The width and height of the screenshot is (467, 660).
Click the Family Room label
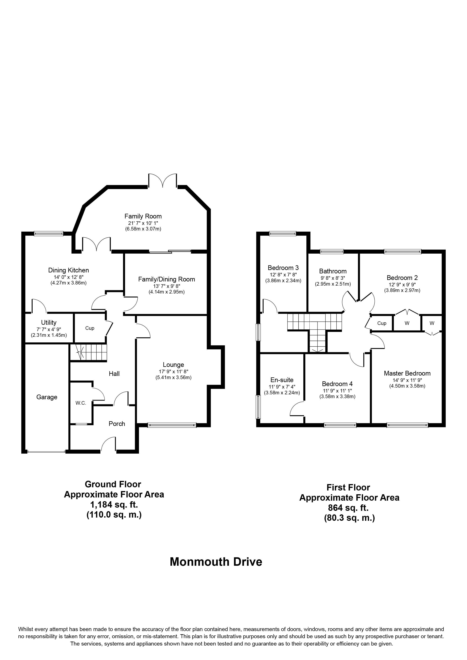click(143, 216)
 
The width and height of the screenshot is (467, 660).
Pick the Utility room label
click(49, 322)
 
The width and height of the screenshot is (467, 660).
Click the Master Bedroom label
click(407, 373)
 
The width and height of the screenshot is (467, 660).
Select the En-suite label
click(282, 380)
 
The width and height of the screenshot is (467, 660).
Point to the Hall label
click(114, 374)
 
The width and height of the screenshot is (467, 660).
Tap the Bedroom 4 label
click(337, 384)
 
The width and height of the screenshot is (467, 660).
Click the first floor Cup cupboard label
click(382, 323)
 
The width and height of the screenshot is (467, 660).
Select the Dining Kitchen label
click(69, 270)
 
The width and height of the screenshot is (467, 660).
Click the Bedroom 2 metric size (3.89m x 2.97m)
click(402, 291)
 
